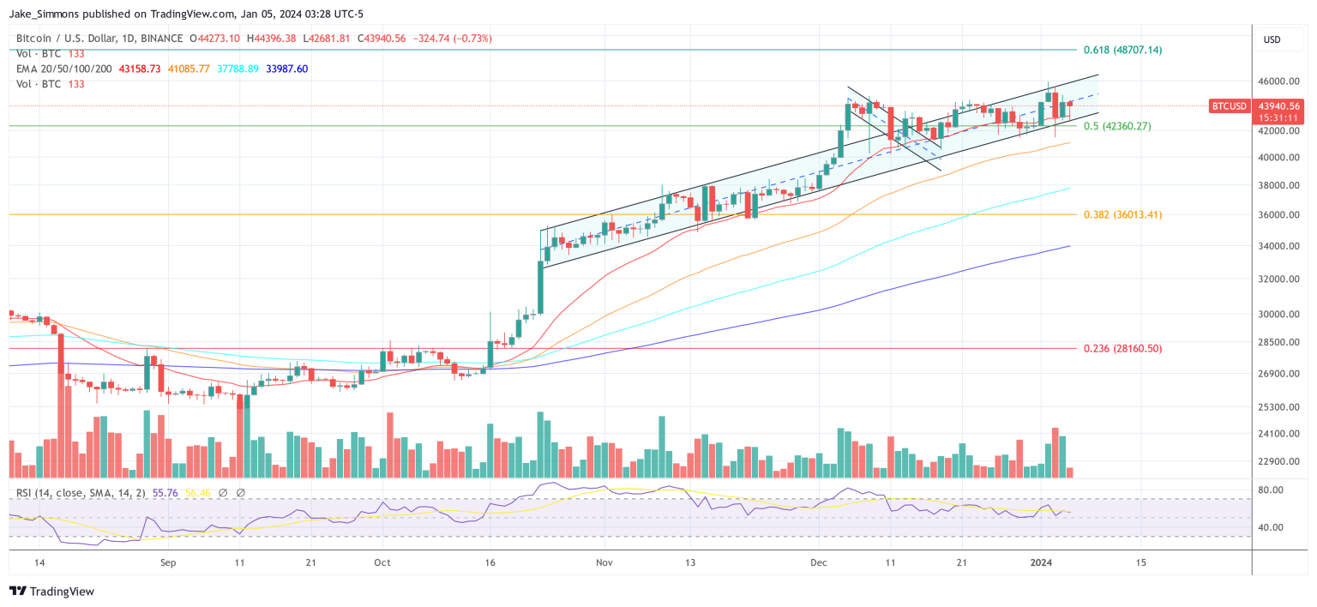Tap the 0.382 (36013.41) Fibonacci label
[x=1122, y=214]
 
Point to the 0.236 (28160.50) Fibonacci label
[x=1122, y=348]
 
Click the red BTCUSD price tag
[x=1228, y=106]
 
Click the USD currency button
[x=1272, y=39]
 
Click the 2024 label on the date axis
[x=1040, y=562]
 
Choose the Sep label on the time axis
[x=168, y=562]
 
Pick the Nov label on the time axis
[x=604, y=562]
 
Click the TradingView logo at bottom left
[x=51, y=592]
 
